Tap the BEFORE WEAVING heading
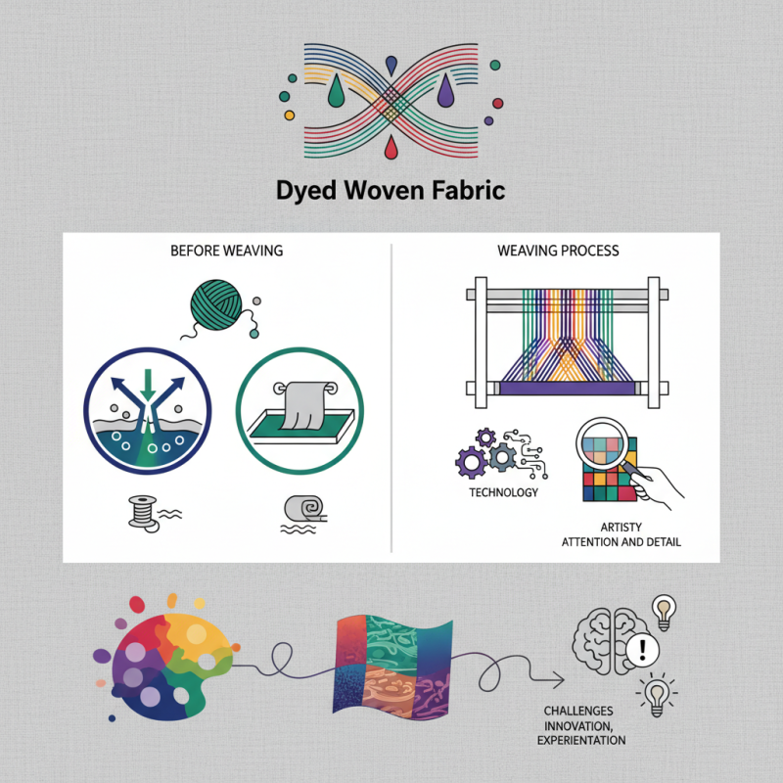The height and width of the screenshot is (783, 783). pyautogui.click(x=226, y=252)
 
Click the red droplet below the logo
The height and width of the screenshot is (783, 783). pyautogui.click(x=391, y=148)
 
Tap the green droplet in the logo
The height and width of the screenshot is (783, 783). pyautogui.click(x=336, y=91)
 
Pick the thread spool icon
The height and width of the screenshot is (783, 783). pyautogui.click(x=144, y=511)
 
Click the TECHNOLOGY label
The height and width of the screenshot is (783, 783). pyautogui.click(x=503, y=492)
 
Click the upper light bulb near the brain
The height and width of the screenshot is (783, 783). pyautogui.click(x=667, y=612)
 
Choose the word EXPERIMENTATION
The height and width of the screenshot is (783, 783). pyautogui.click(x=581, y=741)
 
